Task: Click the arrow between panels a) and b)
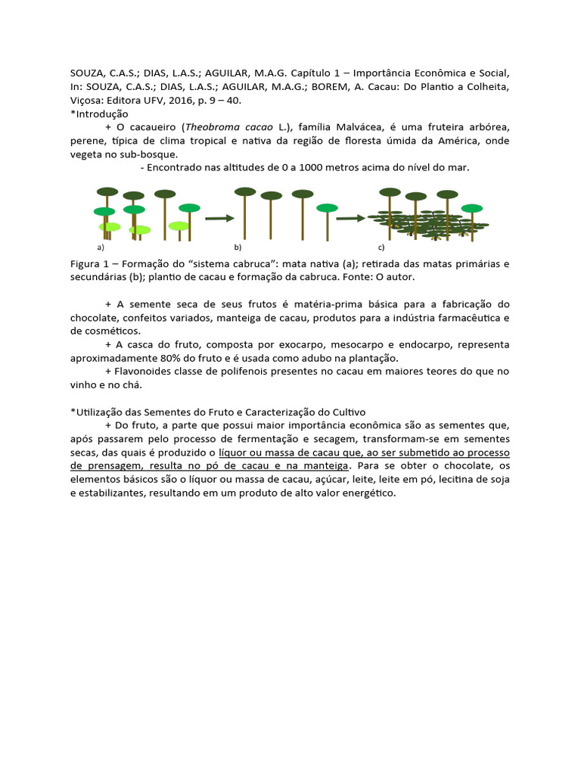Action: [x=220, y=218]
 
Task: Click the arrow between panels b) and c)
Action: [x=351, y=218]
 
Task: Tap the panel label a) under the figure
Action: [x=100, y=247]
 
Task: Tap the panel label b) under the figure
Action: [x=238, y=247]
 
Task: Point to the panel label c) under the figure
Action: [x=381, y=247]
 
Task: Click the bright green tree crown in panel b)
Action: [x=327, y=207]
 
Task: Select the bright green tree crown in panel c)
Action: [x=472, y=208]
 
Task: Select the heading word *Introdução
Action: [x=99, y=114]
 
